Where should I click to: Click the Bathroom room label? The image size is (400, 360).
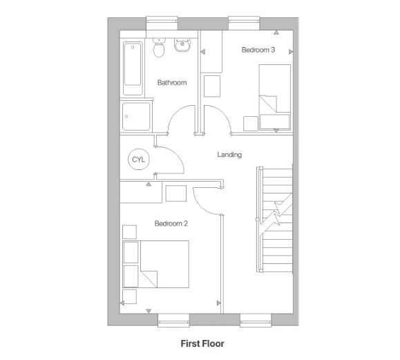pyautogui.click(x=171, y=83)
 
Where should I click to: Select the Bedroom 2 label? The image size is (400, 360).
pyautogui.click(x=171, y=223)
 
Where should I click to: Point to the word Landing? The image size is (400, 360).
pyautogui.click(x=229, y=155)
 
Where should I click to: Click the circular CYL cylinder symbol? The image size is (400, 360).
pyautogui.click(x=138, y=160)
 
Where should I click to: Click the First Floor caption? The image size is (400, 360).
pyautogui.click(x=202, y=343)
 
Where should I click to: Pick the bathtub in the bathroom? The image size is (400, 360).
pyautogui.click(x=132, y=69)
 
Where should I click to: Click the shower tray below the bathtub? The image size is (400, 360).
pyautogui.click(x=134, y=115)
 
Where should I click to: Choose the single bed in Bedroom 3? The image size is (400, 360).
pyautogui.click(x=274, y=97)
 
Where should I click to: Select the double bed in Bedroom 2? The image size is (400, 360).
pyautogui.click(x=155, y=265)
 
